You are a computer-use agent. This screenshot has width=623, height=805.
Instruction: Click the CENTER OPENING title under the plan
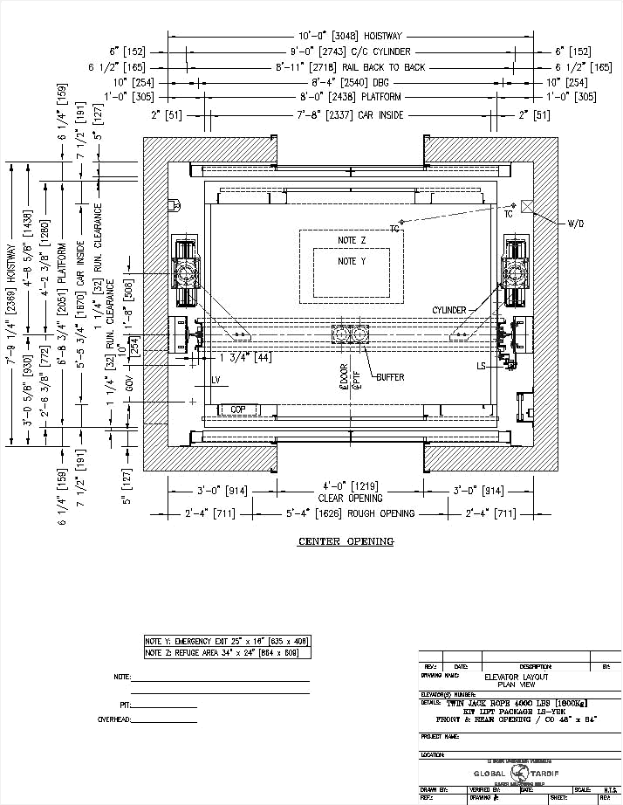[346, 541]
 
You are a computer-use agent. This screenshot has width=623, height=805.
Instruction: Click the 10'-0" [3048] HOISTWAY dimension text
[349, 36]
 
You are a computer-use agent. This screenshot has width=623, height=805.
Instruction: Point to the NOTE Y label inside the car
[352, 261]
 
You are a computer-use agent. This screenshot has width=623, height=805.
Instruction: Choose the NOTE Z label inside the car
[352, 239]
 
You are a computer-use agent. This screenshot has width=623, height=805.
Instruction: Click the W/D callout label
[575, 224]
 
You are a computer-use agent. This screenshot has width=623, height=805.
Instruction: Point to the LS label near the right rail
[481, 365]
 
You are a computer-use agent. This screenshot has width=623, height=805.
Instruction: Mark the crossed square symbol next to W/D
[527, 206]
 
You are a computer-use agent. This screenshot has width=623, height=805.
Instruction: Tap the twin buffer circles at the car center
[350, 334]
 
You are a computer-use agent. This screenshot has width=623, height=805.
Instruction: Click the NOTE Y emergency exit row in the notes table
[226, 642]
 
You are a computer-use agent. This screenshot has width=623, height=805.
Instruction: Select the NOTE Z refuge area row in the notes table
[226, 652]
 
